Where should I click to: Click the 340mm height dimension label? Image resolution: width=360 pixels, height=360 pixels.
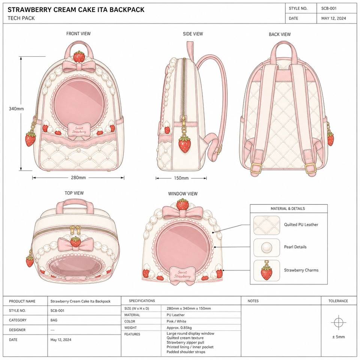(16, 109)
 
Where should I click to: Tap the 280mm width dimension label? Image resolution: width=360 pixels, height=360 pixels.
(78, 178)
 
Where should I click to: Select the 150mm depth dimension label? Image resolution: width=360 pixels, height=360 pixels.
(181, 178)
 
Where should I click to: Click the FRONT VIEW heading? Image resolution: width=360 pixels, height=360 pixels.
(78, 33)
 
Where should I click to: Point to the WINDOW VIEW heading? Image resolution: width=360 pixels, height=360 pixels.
(183, 194)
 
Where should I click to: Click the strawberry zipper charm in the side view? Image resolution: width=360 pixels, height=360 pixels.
(184, 144)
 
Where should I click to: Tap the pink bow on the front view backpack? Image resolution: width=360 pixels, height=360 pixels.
(79, 66)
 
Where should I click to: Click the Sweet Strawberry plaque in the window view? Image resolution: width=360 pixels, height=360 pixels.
(182, 274)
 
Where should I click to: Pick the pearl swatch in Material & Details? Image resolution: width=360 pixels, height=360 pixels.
(267, 247)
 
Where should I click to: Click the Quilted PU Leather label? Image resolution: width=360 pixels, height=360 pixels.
(301, 225)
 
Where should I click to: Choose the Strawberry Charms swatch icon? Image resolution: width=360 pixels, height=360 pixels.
(267, 271)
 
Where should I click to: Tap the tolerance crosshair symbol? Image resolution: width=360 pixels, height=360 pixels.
(338, 322)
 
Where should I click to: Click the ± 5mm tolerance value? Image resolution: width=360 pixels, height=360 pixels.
(338, 337)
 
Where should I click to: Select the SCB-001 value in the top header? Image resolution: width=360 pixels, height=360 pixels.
(329, 9)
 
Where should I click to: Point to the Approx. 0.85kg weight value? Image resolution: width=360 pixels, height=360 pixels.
(179, 328)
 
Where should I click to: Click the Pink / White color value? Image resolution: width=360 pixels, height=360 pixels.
(176, 321)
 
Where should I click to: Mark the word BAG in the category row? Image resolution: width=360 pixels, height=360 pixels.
(54, 320)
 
